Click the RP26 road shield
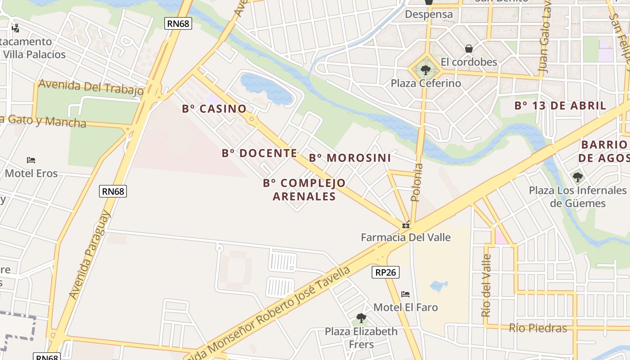[386, 272]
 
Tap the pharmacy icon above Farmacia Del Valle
[406, 225]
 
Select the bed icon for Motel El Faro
[405, 294]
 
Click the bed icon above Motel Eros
[31, 160]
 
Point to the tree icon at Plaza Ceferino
[425, 70]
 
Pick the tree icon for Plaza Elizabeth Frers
[361, 318]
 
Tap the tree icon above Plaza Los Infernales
[577, 177]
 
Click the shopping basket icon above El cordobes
[469, 48]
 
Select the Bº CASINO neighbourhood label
[214, 108]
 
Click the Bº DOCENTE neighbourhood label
[259, 153]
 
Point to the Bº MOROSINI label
[350, 158]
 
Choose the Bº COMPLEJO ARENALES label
[304, 189]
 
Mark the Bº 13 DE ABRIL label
[560, 106]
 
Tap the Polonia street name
[417, 182]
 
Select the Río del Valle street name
[486, 285]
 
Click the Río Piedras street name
[538, 328]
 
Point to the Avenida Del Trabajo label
[91, 87]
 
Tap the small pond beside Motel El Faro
[438, 285]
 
